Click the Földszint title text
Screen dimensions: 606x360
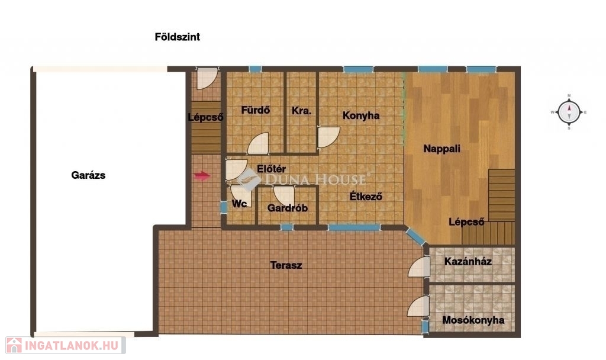[x=178, y=37]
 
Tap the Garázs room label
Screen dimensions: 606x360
[x=88, y=175]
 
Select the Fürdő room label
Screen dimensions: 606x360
[x=256, y=110]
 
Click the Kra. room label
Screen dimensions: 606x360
[x=301, y=111]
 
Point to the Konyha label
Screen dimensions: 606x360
[x=361, y=115]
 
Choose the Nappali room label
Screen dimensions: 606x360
[x=441, y=149]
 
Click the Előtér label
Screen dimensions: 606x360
[x=271, y=169]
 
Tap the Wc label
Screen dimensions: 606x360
[x=239, y=204]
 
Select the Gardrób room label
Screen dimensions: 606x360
[x=288, y=208]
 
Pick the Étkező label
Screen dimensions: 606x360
[x=366, y=197]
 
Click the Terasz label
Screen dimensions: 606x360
[x=286, y=265]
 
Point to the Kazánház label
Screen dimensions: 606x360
[x=468, y=261]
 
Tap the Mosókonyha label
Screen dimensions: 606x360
[x=473, y=320]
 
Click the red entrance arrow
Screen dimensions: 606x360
[x=202, y=176]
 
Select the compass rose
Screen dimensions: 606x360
[x=569, y=112]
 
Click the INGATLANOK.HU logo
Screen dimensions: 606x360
[x=66, y=345]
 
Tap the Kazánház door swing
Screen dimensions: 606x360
[x=418, y=267]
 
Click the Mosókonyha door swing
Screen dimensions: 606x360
[x=418, y=307]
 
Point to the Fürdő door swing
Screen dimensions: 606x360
[x=258, y=143]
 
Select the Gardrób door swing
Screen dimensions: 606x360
[x=283, y=195]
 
